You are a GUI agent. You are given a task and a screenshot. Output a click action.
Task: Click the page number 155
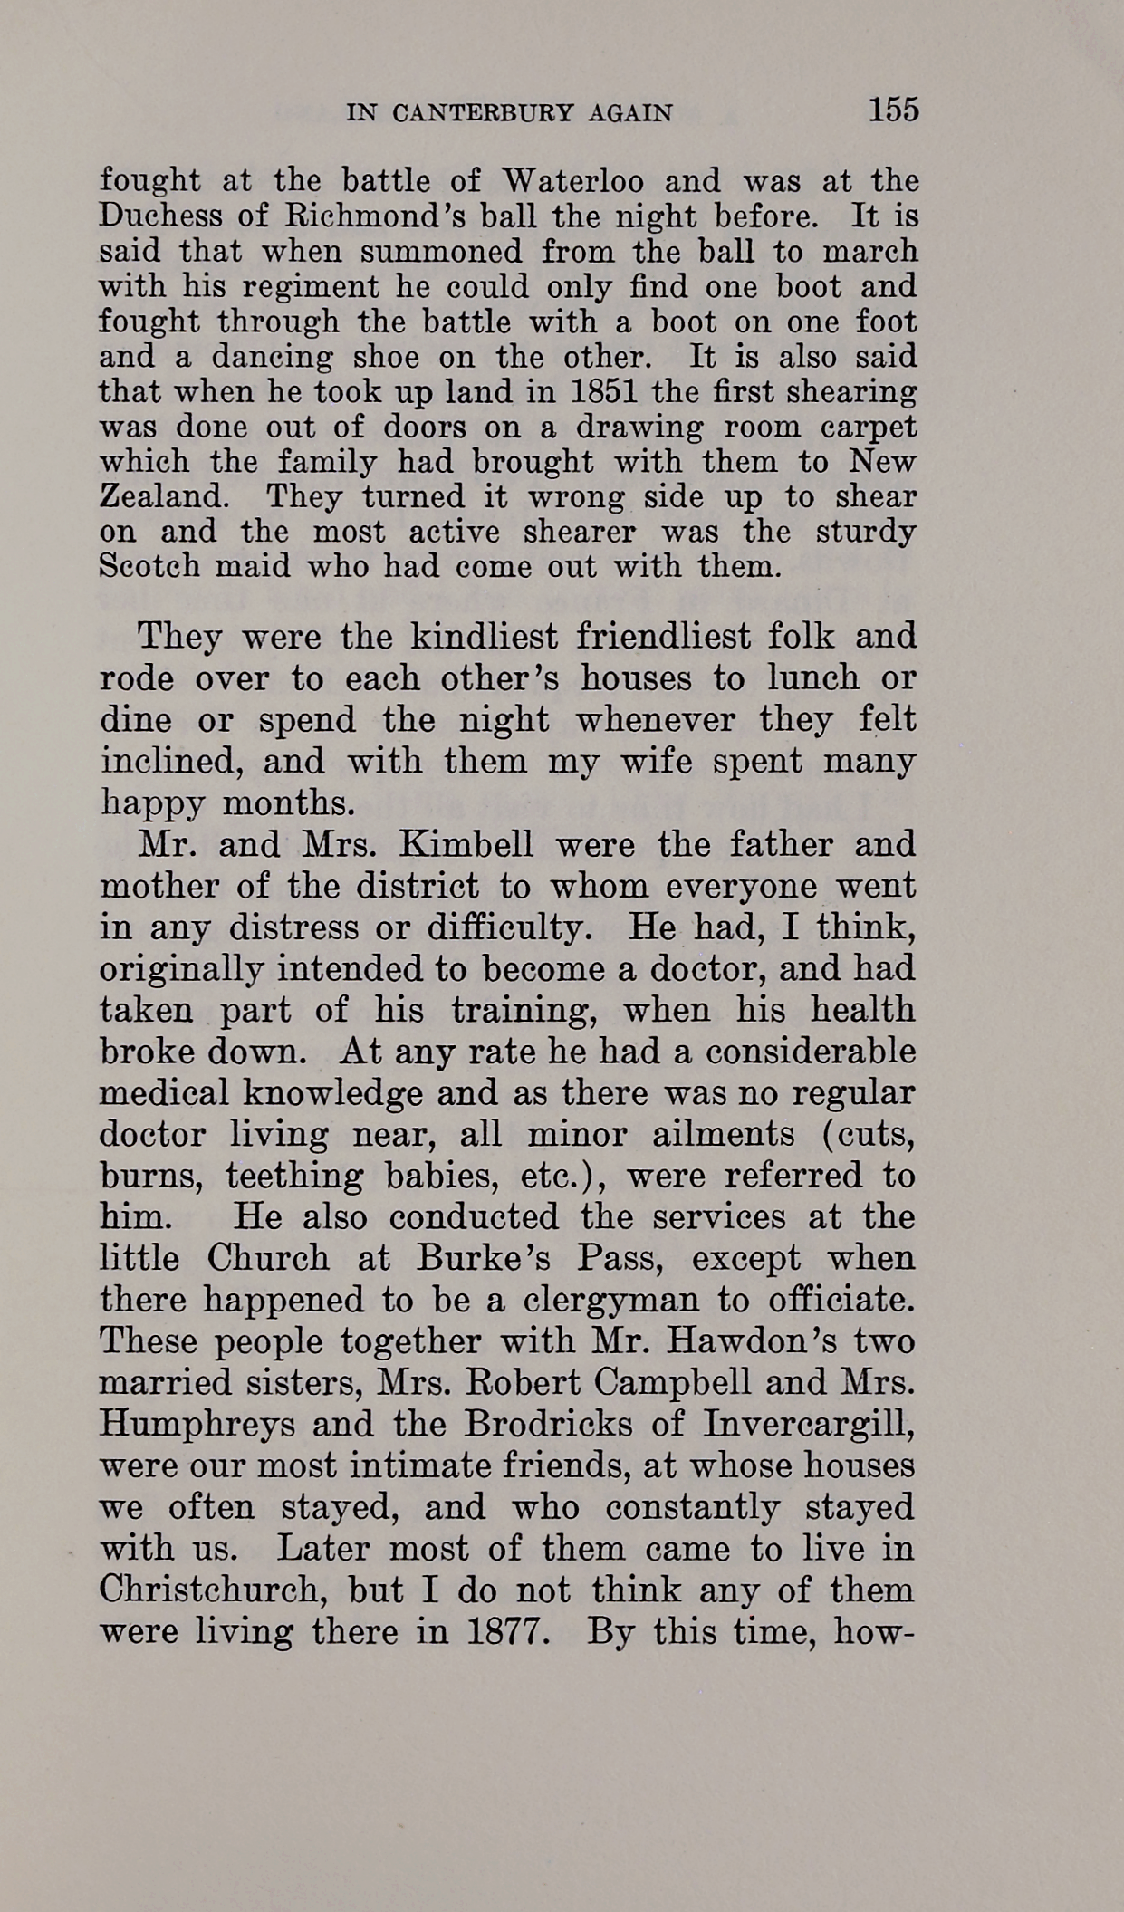click(893, 110)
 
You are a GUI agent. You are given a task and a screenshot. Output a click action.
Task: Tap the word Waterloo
click(573, 181)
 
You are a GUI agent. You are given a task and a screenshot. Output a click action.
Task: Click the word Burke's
click(486, 1259)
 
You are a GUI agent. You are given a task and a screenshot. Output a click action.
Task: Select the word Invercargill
click(808, 1424)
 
